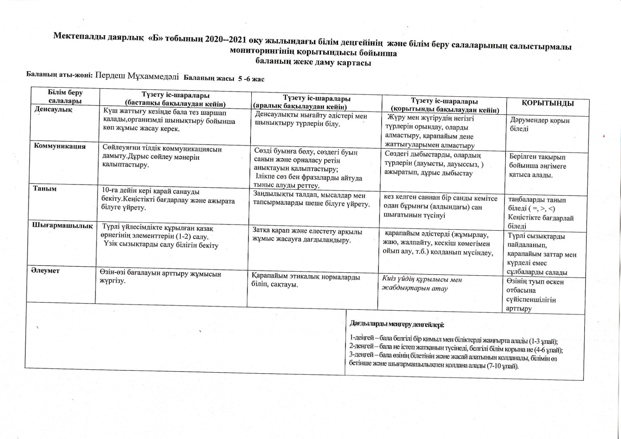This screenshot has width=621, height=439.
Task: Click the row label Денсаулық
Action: pos(53,110)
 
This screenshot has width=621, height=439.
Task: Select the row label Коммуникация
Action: pos(60,146)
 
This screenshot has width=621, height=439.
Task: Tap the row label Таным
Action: pos(45,189)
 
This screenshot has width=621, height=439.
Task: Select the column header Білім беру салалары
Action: pos(65,97)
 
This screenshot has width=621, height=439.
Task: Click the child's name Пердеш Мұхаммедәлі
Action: pos(137,76)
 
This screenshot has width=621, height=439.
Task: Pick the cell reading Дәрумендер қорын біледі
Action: pos(539,124)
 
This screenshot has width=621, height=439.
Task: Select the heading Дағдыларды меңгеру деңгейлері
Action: pos(397,325)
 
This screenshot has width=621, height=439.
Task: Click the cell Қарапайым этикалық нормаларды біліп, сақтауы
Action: pos(306,281)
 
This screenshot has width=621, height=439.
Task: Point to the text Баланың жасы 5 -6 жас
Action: pos(224,78)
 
